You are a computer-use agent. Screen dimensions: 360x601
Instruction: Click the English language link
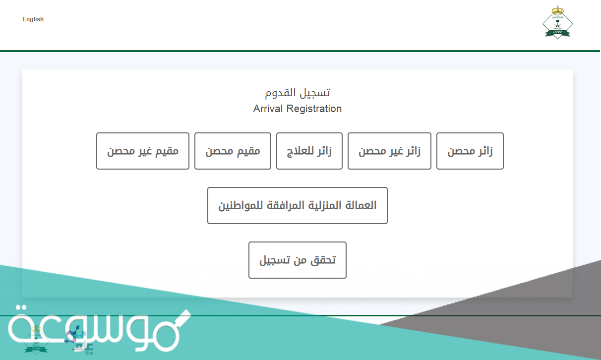(33, 19)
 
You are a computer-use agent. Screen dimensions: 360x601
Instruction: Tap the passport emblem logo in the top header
(557, 22)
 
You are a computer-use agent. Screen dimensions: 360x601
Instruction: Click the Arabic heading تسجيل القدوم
(298, 92)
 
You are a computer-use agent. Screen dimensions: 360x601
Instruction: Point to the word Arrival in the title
(268, 109)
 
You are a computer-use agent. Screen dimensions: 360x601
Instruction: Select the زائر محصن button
(470, 151)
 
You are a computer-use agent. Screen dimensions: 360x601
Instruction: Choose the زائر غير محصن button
(389, 151)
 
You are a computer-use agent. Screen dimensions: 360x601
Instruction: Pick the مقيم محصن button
(233, 151)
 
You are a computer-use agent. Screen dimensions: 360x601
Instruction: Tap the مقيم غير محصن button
(143, 151)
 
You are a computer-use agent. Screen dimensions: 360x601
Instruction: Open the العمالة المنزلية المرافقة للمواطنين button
(298, 205)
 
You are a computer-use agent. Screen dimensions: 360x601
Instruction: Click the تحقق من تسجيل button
(298, 260)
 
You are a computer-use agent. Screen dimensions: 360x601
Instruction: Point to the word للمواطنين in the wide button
(240, 205)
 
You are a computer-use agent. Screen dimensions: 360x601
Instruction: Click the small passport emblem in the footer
(36, 340)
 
